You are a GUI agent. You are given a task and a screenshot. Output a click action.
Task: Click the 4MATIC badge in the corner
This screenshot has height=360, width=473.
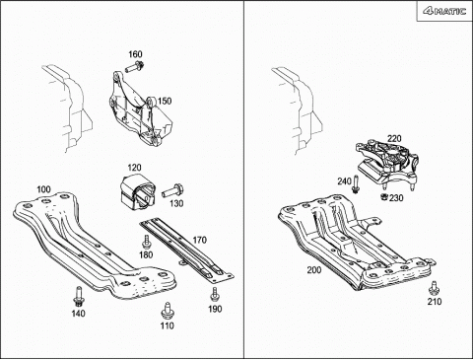(445, 11)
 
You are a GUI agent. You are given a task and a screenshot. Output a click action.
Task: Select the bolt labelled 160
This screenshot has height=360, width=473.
(135, 66)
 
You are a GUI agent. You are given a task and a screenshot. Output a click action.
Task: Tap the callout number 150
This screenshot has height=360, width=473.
(165, 101)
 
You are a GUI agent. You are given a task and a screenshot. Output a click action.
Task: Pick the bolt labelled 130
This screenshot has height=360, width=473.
(172, 191)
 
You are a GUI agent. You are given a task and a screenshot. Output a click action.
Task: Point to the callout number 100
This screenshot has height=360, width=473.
(43, 189)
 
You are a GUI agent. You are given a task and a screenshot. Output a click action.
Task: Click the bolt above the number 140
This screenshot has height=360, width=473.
(78, 296)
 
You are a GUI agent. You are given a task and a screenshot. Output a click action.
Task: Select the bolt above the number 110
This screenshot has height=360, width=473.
(168, 311)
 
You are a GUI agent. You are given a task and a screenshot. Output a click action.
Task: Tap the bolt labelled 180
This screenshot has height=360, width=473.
(146, 242)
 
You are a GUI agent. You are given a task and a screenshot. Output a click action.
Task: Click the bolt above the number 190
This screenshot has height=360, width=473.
(215, 294)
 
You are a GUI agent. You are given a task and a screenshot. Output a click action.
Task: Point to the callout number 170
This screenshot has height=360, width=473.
(199, 240)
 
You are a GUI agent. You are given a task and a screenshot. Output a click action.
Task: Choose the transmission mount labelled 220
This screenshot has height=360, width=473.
(386, 165)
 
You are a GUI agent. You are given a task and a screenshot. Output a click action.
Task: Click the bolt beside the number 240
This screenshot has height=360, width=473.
(355, 184)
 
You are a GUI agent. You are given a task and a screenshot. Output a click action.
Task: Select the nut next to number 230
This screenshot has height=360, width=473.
(383, 196)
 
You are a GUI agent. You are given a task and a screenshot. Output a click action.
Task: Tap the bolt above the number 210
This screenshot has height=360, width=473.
(434, 288)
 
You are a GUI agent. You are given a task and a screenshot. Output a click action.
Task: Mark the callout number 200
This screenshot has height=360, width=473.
(314, 270)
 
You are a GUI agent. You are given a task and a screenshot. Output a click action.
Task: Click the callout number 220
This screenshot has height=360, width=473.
(394, 138)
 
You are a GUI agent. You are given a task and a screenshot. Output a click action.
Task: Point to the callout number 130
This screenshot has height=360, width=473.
(176, 204)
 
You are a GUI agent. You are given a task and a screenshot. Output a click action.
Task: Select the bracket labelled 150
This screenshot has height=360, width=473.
(140, 108)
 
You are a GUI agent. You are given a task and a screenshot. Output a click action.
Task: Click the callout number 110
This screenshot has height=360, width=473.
(168, 325)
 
